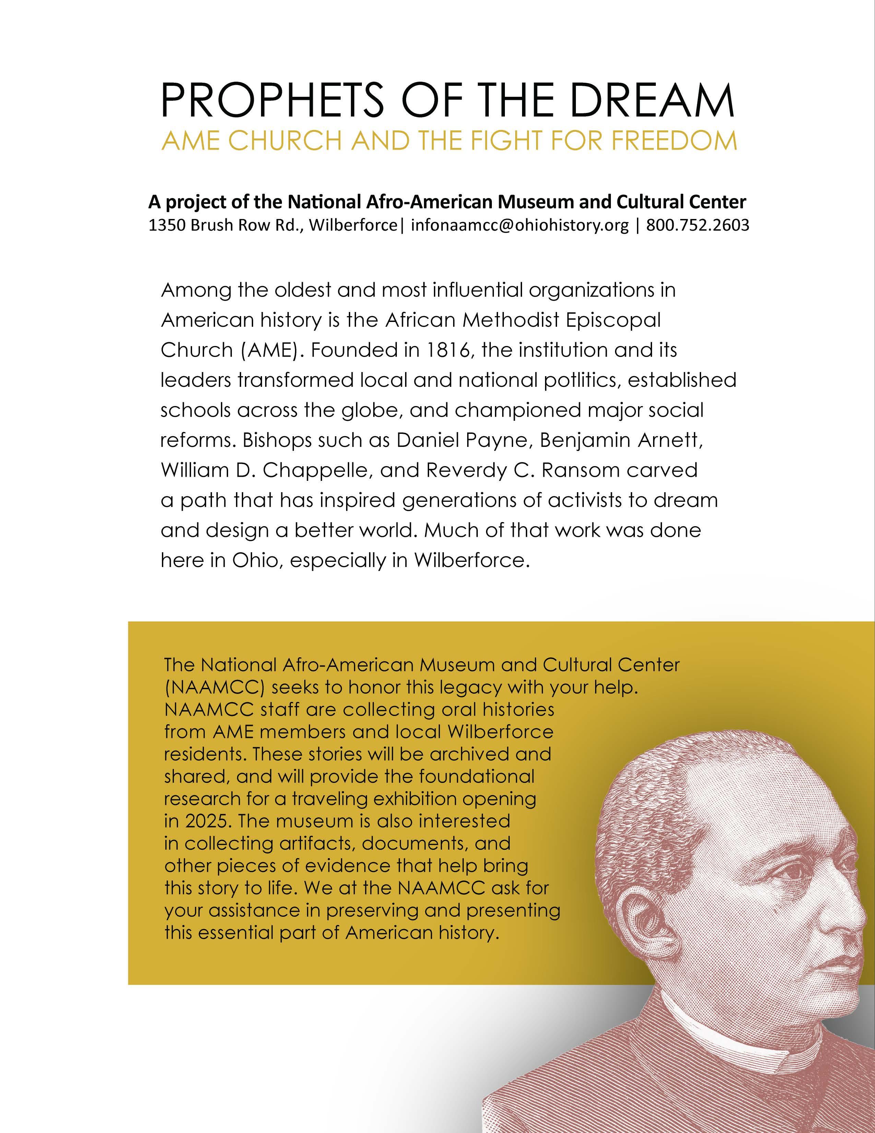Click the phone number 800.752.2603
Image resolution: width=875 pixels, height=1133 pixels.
point(697,226)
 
